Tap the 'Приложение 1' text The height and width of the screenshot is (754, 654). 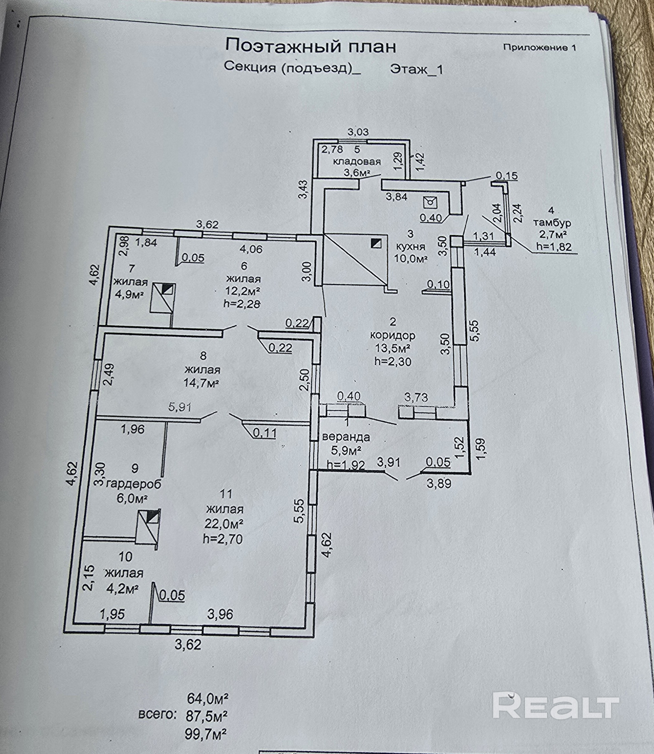[x=539, y=47]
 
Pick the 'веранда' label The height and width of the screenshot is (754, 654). [x=346, y=437]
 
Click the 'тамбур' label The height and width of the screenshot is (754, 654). [x=552, y=222]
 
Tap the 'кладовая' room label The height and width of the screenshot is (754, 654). [x=357, y=161]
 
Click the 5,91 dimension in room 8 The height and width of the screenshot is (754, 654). [x=180, y=407]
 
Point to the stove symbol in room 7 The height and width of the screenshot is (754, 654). [x=163, y=298]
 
